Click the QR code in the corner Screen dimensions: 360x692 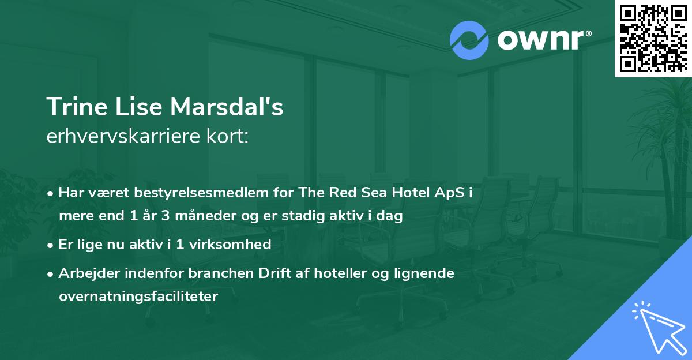653,38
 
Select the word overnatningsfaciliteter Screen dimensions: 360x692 138,297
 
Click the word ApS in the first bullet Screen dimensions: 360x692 452,193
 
